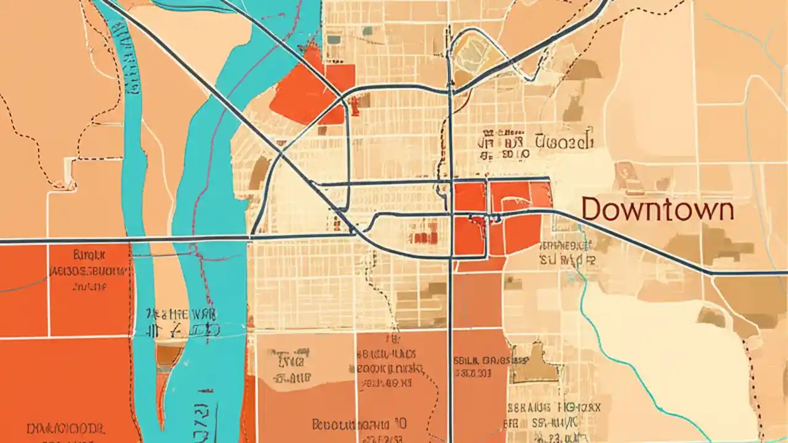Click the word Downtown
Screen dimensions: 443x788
(657, 210)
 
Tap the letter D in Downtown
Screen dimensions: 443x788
(592, 210)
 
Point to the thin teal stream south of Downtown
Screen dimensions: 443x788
(622, 357)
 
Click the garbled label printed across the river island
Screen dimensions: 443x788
(179, 322)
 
